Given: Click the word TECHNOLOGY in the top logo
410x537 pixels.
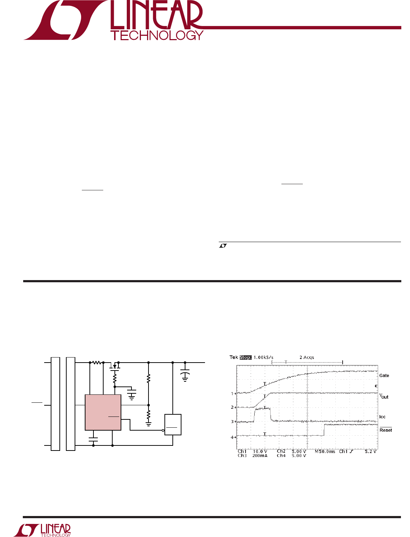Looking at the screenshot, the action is tap(157, 35).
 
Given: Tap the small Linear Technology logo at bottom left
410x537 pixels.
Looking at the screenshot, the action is tap(42, 530).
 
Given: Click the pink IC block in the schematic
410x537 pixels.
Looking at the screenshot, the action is tap(103, 413).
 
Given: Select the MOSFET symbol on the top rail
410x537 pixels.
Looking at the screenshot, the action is tap(114, 366).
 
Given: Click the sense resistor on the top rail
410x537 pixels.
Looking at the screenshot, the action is tap(96, 362).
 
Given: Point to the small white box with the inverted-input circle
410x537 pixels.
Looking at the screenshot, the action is tap(172, 424).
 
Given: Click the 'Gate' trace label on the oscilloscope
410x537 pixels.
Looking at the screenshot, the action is tap(384, 376).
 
